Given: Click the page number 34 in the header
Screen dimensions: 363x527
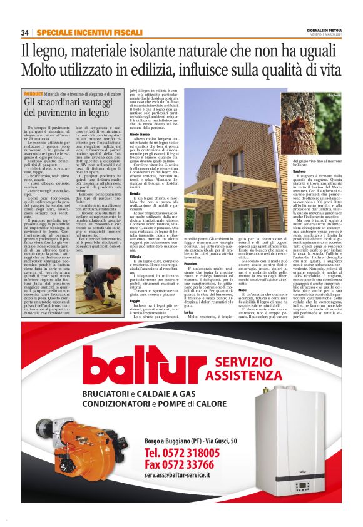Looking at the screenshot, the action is (x=25, y=33).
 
